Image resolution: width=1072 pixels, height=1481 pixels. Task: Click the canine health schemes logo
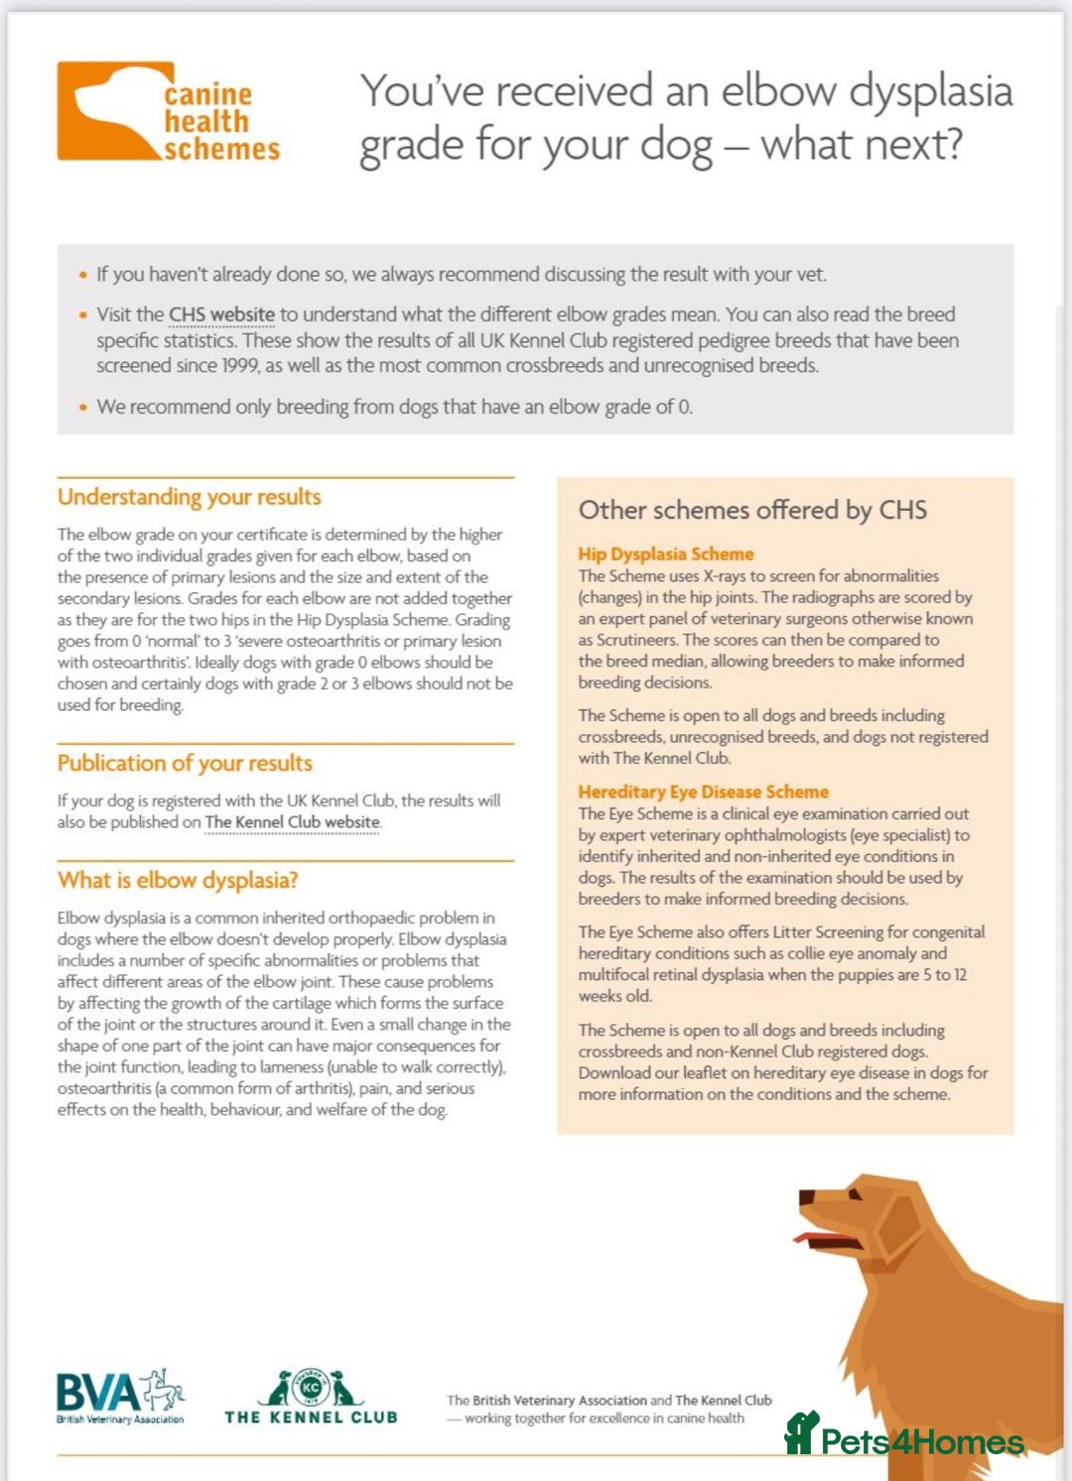tap(169, 112)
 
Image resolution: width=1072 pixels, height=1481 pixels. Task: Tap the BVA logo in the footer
tap(120, 1397)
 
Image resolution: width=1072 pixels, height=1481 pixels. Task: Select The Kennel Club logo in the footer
tap(311, 1397)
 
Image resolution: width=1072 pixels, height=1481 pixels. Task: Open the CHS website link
tap(221, 314)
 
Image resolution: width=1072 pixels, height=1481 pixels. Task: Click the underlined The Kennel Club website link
tap(292, 822)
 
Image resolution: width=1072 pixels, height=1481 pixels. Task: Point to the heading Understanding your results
tap(189, 497)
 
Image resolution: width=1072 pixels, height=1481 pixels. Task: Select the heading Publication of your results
tap(185, 763)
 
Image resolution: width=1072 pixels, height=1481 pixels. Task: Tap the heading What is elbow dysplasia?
tap(178, 880)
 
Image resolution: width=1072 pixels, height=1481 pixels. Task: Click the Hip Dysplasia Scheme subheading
tap(666, 554)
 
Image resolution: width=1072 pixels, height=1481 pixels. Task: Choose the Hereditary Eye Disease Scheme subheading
tap(703, 792)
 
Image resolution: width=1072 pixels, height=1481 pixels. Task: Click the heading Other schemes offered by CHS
tap(752, 510)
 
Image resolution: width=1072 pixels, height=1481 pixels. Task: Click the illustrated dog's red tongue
tap(817, 1239)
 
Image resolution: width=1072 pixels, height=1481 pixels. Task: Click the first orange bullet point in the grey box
tap(83, 275)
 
